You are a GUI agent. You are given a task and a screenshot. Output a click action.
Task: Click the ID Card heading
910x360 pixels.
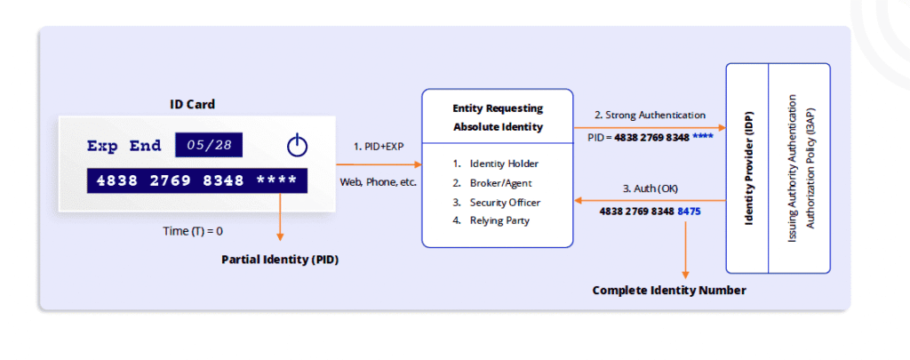click(192, 104)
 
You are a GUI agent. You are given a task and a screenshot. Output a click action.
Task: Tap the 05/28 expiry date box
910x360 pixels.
click(208, 145)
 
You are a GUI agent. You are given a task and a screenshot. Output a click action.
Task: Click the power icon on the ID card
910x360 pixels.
click(298, 145)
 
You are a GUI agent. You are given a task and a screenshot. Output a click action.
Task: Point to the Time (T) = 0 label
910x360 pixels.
click(192, 230)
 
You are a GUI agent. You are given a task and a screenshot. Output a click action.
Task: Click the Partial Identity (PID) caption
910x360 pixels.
click(280, 260)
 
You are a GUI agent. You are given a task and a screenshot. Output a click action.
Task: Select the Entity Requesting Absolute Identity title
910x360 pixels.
click(497, 116)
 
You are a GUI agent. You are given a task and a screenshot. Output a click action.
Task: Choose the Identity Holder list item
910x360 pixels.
click(504, 164)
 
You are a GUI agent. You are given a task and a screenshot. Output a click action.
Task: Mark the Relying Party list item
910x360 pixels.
click(499, 220)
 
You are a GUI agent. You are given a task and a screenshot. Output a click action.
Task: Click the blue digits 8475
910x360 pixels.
click(690, 212)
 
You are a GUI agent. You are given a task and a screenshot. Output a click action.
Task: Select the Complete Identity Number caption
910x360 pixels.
click(669, 290)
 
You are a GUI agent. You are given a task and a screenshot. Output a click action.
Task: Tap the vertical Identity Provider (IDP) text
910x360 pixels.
click(748, 168)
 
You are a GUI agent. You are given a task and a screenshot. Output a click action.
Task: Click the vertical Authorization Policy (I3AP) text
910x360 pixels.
click(810, 168)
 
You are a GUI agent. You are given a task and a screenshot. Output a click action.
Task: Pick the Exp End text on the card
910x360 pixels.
click(124, 146)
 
